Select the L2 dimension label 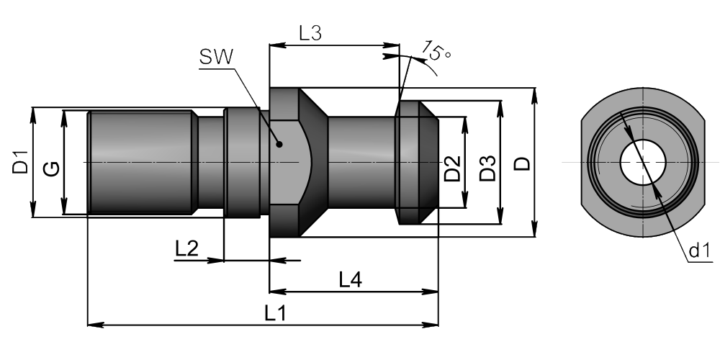click(186, 248)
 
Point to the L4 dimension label click(350, 280)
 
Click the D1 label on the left click(19, 162)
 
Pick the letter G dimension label click(51, 169)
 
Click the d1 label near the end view click(699, 251)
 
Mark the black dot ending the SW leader click(279, 143)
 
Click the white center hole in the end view click(642, 162)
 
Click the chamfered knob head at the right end click(416, 162)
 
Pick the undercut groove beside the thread click(210, 162)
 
